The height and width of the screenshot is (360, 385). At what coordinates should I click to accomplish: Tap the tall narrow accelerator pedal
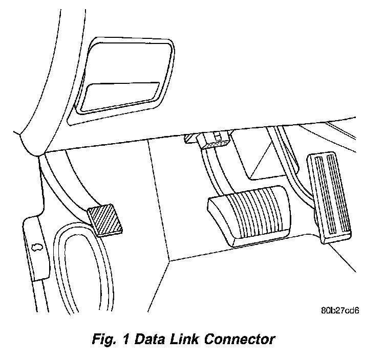tap(329, 199)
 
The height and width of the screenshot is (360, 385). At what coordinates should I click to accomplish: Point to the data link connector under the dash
tap(213, 140)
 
